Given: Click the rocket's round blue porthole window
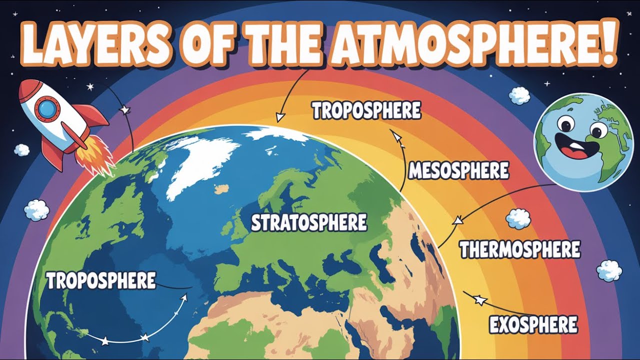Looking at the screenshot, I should tap(48, 108).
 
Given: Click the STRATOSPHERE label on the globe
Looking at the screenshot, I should tap(308, 223).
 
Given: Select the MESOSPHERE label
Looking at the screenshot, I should tap(458, 171).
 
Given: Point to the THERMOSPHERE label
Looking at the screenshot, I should tap(519, 249).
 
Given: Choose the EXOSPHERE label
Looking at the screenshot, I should tap(533, 325).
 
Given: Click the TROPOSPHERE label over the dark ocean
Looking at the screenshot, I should tap(101, 281).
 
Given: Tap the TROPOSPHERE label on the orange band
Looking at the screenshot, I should tap(366, 111).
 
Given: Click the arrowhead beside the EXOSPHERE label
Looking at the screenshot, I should tap(479, 300).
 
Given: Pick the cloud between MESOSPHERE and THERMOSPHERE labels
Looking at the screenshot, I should tap(518, 219).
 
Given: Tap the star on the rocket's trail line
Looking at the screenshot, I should tap(123, 109).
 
